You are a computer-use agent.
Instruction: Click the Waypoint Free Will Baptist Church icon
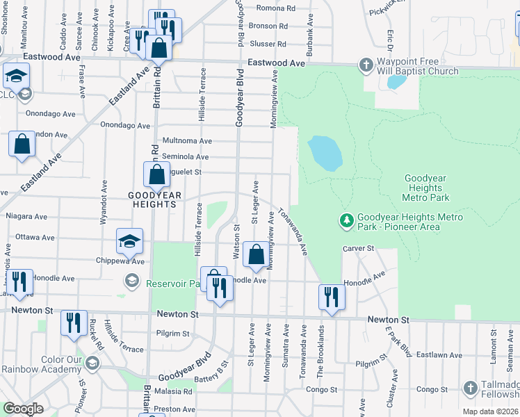(366, 65)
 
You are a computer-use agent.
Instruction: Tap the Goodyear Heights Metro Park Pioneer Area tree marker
(346, 221)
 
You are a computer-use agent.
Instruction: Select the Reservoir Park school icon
(130, 280)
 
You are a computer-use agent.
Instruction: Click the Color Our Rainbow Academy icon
(92, 363)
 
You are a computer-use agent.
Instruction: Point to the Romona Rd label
(276, 8)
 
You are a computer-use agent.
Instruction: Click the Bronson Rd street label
(268, 26)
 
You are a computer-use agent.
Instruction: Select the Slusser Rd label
(268, 43)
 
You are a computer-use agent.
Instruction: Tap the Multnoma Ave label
(187, 140)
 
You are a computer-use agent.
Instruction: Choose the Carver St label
(358, 248)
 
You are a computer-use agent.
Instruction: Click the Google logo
(24, 409)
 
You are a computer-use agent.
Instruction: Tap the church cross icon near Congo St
(470, 388)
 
